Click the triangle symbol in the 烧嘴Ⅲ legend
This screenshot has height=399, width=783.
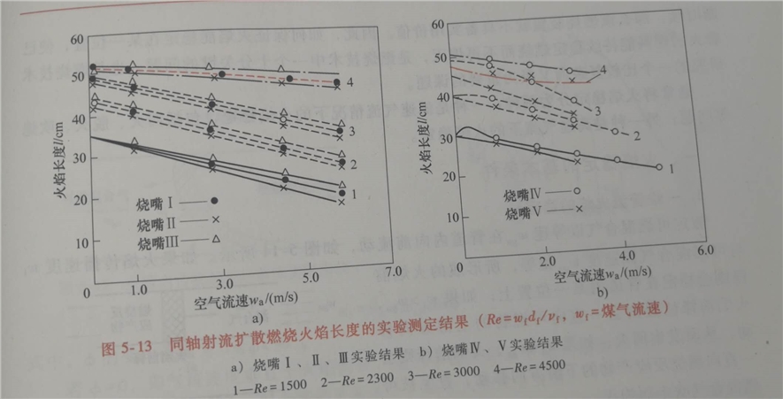[x=215, y=238]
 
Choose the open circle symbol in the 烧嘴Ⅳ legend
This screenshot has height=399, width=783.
[x=577, y=190]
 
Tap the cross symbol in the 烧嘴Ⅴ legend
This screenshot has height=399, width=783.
[x=578, y=209]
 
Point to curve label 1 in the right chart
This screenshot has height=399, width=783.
[x=673, y=166]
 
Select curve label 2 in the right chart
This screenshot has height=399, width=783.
[x=636, y=134]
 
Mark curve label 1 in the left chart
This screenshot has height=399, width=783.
[x=355, y=193]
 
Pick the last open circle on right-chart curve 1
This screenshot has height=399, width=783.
[x=659, y=166]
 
